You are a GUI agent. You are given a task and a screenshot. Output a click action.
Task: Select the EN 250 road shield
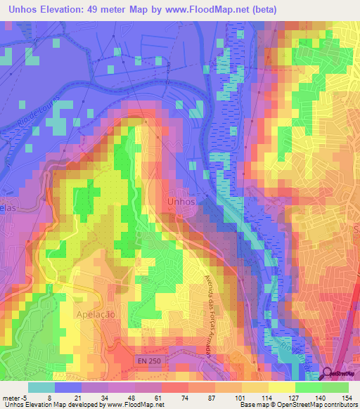(149, 359)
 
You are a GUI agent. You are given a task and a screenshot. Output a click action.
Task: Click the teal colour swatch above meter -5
(41, 387)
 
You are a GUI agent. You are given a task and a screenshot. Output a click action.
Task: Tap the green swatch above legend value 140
(308, 387)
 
